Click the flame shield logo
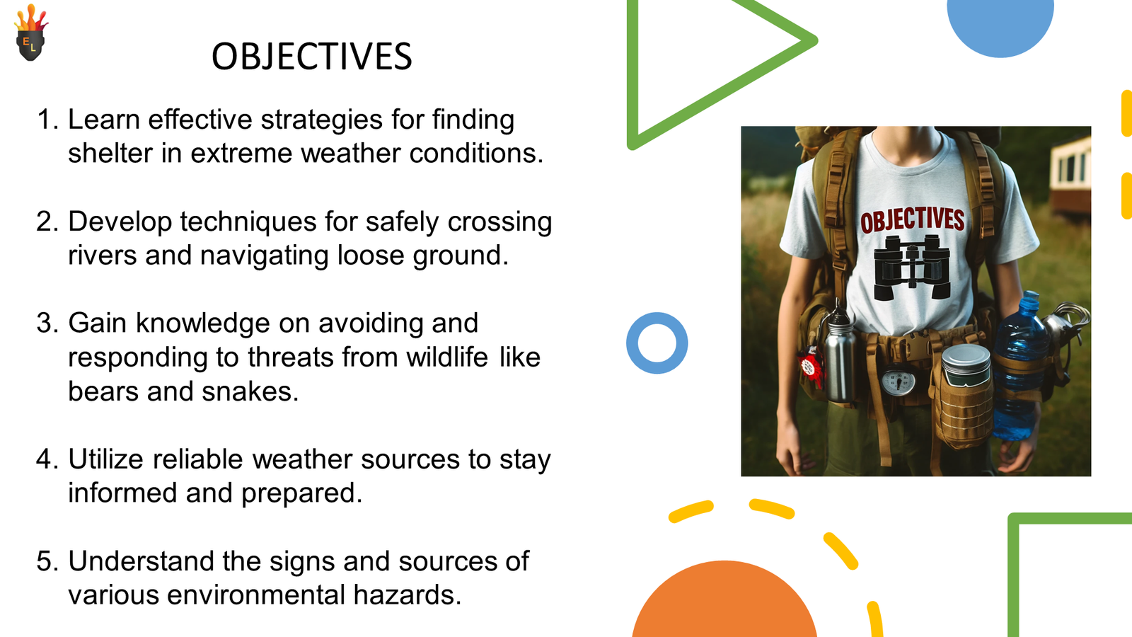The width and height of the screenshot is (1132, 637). (x=31, y=33)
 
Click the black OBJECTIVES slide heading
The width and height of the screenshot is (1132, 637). (x=312, y=56)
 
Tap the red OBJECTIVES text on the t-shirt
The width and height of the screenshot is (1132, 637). (x=912, y=220)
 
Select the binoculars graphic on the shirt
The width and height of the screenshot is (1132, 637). (x=912, y=268)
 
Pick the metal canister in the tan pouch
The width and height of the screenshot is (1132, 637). (x=966, y=365)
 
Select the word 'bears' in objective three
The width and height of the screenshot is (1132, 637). (x=103, y=391)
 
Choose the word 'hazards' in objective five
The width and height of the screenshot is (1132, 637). (x=408, y=595)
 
